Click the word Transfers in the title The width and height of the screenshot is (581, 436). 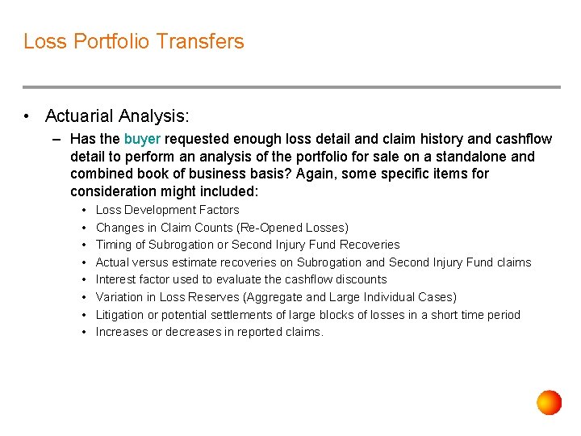coord(202,41)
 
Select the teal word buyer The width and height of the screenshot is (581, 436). coord(142,139)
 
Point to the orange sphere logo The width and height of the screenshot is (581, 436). coord(549,402)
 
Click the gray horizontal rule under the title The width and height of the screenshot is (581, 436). coord(290,87)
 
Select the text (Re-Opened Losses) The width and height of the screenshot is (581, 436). coord(294,228)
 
